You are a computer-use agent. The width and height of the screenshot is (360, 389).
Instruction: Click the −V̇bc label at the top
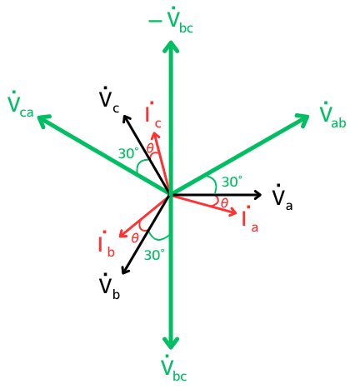[x=171, y=20]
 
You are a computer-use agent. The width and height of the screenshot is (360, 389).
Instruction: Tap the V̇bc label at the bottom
[x=173, y=367]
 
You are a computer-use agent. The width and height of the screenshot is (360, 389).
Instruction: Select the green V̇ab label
[x=332, y=115]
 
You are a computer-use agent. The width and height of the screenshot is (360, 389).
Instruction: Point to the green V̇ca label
[x=21, y=104]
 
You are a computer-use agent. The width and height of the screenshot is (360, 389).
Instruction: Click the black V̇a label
[x=282, y=197]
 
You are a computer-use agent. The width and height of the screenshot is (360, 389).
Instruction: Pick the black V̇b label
[x=110, y=287]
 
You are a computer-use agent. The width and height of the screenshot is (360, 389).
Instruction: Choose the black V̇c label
[x=109, y=100]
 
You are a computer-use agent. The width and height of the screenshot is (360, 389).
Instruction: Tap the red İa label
[x=250, y=218]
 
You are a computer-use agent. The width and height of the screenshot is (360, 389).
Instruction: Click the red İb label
[x=107, y=244]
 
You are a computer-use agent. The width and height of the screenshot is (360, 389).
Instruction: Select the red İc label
[x=153, y=115]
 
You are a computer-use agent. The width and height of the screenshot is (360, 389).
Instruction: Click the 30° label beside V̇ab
[x=232, y=182]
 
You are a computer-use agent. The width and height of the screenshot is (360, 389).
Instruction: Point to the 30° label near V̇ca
[x=128, y=153]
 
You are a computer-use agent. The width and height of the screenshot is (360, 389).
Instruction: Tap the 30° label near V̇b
[x=154, y=255]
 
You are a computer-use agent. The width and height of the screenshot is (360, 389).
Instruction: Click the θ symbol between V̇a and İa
[x=224, y=203]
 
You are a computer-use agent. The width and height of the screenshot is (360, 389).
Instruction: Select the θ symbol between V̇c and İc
[x=150, y=148]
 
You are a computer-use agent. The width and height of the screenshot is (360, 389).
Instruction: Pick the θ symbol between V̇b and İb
[x=135, y=238]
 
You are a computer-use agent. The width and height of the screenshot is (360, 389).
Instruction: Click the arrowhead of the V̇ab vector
[x=302, y=119]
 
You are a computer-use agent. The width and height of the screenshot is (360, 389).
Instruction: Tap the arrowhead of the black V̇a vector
[x=257, y=195]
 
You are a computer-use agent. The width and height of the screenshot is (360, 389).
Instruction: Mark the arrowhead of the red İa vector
[x=232, y=213]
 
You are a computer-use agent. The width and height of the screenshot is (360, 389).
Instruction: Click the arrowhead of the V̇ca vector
[x=43, y=120]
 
